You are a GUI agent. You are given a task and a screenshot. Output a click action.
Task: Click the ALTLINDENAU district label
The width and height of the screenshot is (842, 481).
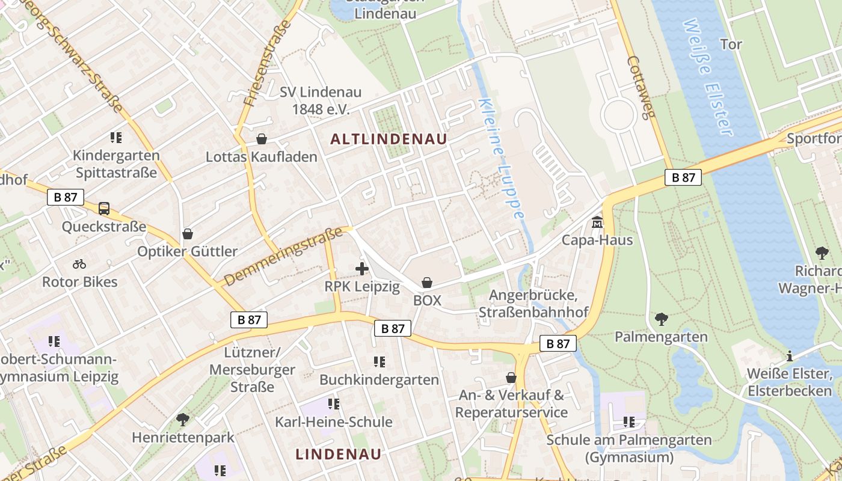tap(389, 139)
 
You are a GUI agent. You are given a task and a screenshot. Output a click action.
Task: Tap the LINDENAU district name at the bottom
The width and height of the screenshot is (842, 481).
tap(339, 454)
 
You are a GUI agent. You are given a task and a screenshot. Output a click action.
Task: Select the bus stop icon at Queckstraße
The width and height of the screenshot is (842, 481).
tap(104, 209)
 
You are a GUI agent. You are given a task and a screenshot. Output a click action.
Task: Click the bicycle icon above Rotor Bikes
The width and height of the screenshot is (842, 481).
tap(79, 264)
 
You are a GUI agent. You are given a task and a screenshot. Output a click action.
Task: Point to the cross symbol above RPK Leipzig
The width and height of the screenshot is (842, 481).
tap(361, 269)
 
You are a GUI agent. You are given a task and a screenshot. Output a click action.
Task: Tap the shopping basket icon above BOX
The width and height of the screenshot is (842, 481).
tap(427, 282)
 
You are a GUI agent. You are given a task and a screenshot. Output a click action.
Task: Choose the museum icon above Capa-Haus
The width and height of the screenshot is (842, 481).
tap(597, 222)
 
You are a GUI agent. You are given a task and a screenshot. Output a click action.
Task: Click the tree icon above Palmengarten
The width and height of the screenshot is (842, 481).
tap(661, 319)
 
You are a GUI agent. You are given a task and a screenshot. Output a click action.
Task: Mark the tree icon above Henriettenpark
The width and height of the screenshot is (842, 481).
tap(183, 419)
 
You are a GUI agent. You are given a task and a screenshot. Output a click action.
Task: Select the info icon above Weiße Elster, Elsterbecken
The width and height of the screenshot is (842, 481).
tap(790, 356)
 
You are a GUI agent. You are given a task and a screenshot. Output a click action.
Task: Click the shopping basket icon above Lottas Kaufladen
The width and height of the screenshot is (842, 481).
tap(262, 139)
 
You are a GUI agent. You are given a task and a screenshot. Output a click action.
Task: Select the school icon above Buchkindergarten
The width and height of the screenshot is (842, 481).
tap(379, 361)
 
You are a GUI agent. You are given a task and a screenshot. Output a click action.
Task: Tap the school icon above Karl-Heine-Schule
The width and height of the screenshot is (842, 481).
tap(334, 403)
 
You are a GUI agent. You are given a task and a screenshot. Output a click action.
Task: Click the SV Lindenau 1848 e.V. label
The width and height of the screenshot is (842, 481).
tap(321, 100)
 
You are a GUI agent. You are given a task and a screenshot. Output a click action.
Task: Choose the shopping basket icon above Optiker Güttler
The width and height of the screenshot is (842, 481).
tap(188, 233)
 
